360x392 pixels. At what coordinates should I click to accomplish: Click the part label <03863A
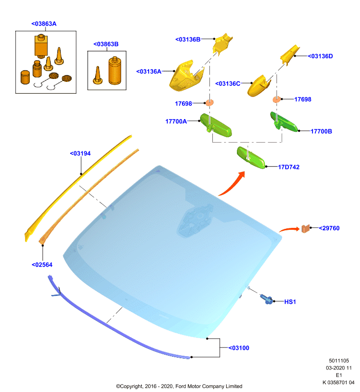(44, 24)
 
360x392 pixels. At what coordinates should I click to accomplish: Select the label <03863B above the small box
(106, 44)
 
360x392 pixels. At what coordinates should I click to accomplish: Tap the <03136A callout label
(149, 72)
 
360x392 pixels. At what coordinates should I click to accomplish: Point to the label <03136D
(320, 56)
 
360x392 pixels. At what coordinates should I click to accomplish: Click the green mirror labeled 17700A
(216, 125)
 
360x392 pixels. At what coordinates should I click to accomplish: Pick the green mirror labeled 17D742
(251, 158)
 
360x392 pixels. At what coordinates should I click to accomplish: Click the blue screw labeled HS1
(266, 299)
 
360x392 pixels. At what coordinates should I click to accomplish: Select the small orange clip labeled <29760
(306, 228)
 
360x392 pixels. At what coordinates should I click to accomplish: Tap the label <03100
(239, 348)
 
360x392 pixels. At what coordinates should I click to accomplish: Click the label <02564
(42, 265)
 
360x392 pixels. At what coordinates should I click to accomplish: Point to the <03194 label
(80, 153)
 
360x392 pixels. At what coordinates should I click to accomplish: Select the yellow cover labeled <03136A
(186, 76)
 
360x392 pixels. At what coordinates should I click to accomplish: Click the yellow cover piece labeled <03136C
(258, 86)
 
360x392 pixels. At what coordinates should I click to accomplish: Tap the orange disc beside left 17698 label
(209, 102)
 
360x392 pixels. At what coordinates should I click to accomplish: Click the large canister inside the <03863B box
(115, 71)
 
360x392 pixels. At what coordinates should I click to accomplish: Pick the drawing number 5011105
(339, 361)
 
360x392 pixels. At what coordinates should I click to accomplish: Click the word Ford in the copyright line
(180, 386)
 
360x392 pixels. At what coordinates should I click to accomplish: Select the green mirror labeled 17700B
(284, 122)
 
